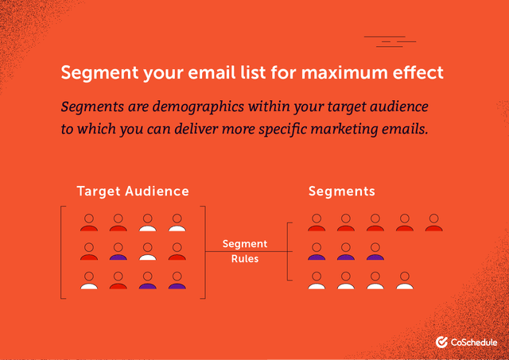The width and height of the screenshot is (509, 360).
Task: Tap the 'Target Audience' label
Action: (x=133, y=191)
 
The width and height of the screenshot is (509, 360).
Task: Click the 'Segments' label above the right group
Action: (x=342, y=191)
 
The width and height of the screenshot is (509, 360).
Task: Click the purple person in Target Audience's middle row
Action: (x=118, y=252)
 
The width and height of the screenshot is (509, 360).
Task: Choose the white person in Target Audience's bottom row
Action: (x=88, y=281)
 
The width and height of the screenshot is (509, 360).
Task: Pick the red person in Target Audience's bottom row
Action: (x=118, y=281)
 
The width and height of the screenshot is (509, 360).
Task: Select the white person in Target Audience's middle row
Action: (x=147, y=252)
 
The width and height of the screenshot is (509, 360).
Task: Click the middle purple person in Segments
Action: (x=346, y=252)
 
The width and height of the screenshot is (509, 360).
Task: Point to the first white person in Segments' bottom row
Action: (x=317, y=281)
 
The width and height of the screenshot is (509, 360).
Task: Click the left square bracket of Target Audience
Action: (x=62, y=252)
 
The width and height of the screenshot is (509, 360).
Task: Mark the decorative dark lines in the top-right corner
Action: (x=390, y=41)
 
